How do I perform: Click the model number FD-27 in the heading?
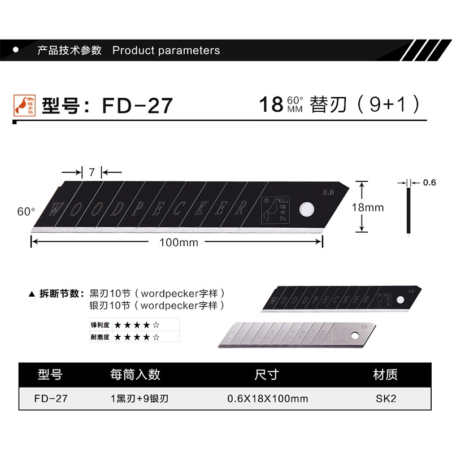pos(137,106)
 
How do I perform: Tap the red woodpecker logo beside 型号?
pos(23,105)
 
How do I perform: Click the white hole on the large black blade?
pos(307,208)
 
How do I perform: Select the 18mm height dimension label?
pos(368,207)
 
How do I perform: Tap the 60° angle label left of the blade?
pos(26,212)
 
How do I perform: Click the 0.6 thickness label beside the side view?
pos(429,182)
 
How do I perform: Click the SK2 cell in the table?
pos(386,398)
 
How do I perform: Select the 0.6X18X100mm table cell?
pos(267,398)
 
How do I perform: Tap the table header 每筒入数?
pos(136,375)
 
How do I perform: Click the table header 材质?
pos(386,375)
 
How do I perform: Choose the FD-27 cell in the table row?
pos(51,398)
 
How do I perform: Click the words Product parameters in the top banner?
pos(166,50)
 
